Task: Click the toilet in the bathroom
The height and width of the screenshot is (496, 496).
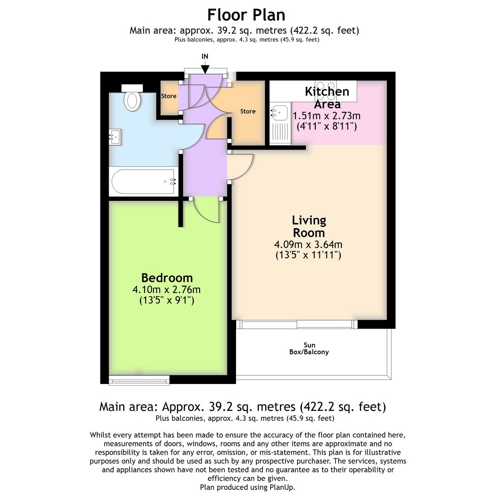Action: (132, 101)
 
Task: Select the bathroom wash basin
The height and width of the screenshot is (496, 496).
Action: (115, 137)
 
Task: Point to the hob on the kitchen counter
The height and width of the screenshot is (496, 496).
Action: (326, 91)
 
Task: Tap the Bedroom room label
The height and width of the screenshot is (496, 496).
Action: (167, 278)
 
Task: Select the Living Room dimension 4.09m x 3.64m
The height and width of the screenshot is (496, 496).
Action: (308, 244)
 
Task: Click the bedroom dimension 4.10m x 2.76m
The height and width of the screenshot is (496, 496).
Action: (166, 290)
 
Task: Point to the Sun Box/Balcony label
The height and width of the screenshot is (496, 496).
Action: (309, 348)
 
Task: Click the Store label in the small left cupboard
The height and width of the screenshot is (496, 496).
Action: (169, 96)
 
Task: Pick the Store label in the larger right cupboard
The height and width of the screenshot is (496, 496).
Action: (248, 111)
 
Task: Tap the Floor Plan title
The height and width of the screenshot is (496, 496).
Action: (246, 15)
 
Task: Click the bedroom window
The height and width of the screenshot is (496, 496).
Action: (139, 380)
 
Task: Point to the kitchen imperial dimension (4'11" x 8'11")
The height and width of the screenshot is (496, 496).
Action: (327, 126)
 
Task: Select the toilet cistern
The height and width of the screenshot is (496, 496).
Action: (132, 88)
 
